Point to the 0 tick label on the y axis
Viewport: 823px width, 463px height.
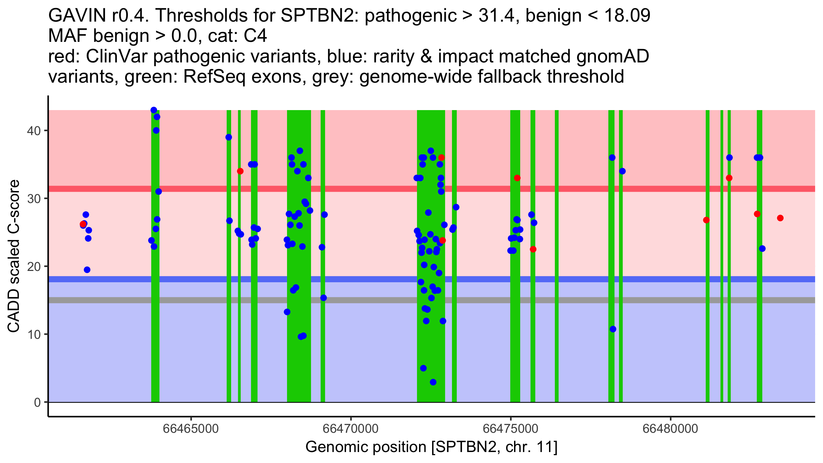click(x=37, y=402)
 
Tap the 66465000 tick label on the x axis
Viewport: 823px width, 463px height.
click(x=191, y=429)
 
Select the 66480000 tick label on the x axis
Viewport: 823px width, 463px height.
click(x=670, y=429)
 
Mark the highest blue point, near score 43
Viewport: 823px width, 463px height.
click(x=154, y=110)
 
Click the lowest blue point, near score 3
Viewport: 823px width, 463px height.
click(x=433, y=382)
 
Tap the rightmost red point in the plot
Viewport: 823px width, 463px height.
click(x=780, y=218)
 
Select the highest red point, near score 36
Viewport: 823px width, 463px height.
click(x=441, y=158)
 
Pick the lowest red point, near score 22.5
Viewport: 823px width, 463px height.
click(x=533, y=249)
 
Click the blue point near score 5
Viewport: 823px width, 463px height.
click(x=423, y=368)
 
